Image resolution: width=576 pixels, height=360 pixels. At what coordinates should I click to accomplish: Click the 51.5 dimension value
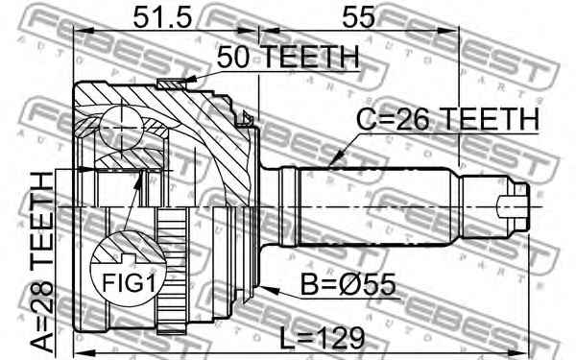162,17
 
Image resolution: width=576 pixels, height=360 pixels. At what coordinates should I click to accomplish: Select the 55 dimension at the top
358,17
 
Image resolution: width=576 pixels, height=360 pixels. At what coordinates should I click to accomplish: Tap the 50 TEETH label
287,57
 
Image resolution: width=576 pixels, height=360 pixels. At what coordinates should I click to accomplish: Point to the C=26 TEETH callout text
447,119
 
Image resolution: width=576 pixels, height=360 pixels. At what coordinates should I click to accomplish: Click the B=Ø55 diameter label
348,285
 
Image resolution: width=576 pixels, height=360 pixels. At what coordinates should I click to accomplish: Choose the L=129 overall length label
322,339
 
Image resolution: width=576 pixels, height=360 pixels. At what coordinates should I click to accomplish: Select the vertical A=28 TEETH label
42,263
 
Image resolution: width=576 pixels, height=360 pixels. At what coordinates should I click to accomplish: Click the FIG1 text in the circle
129,283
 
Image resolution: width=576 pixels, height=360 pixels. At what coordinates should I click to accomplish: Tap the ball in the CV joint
121,128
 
